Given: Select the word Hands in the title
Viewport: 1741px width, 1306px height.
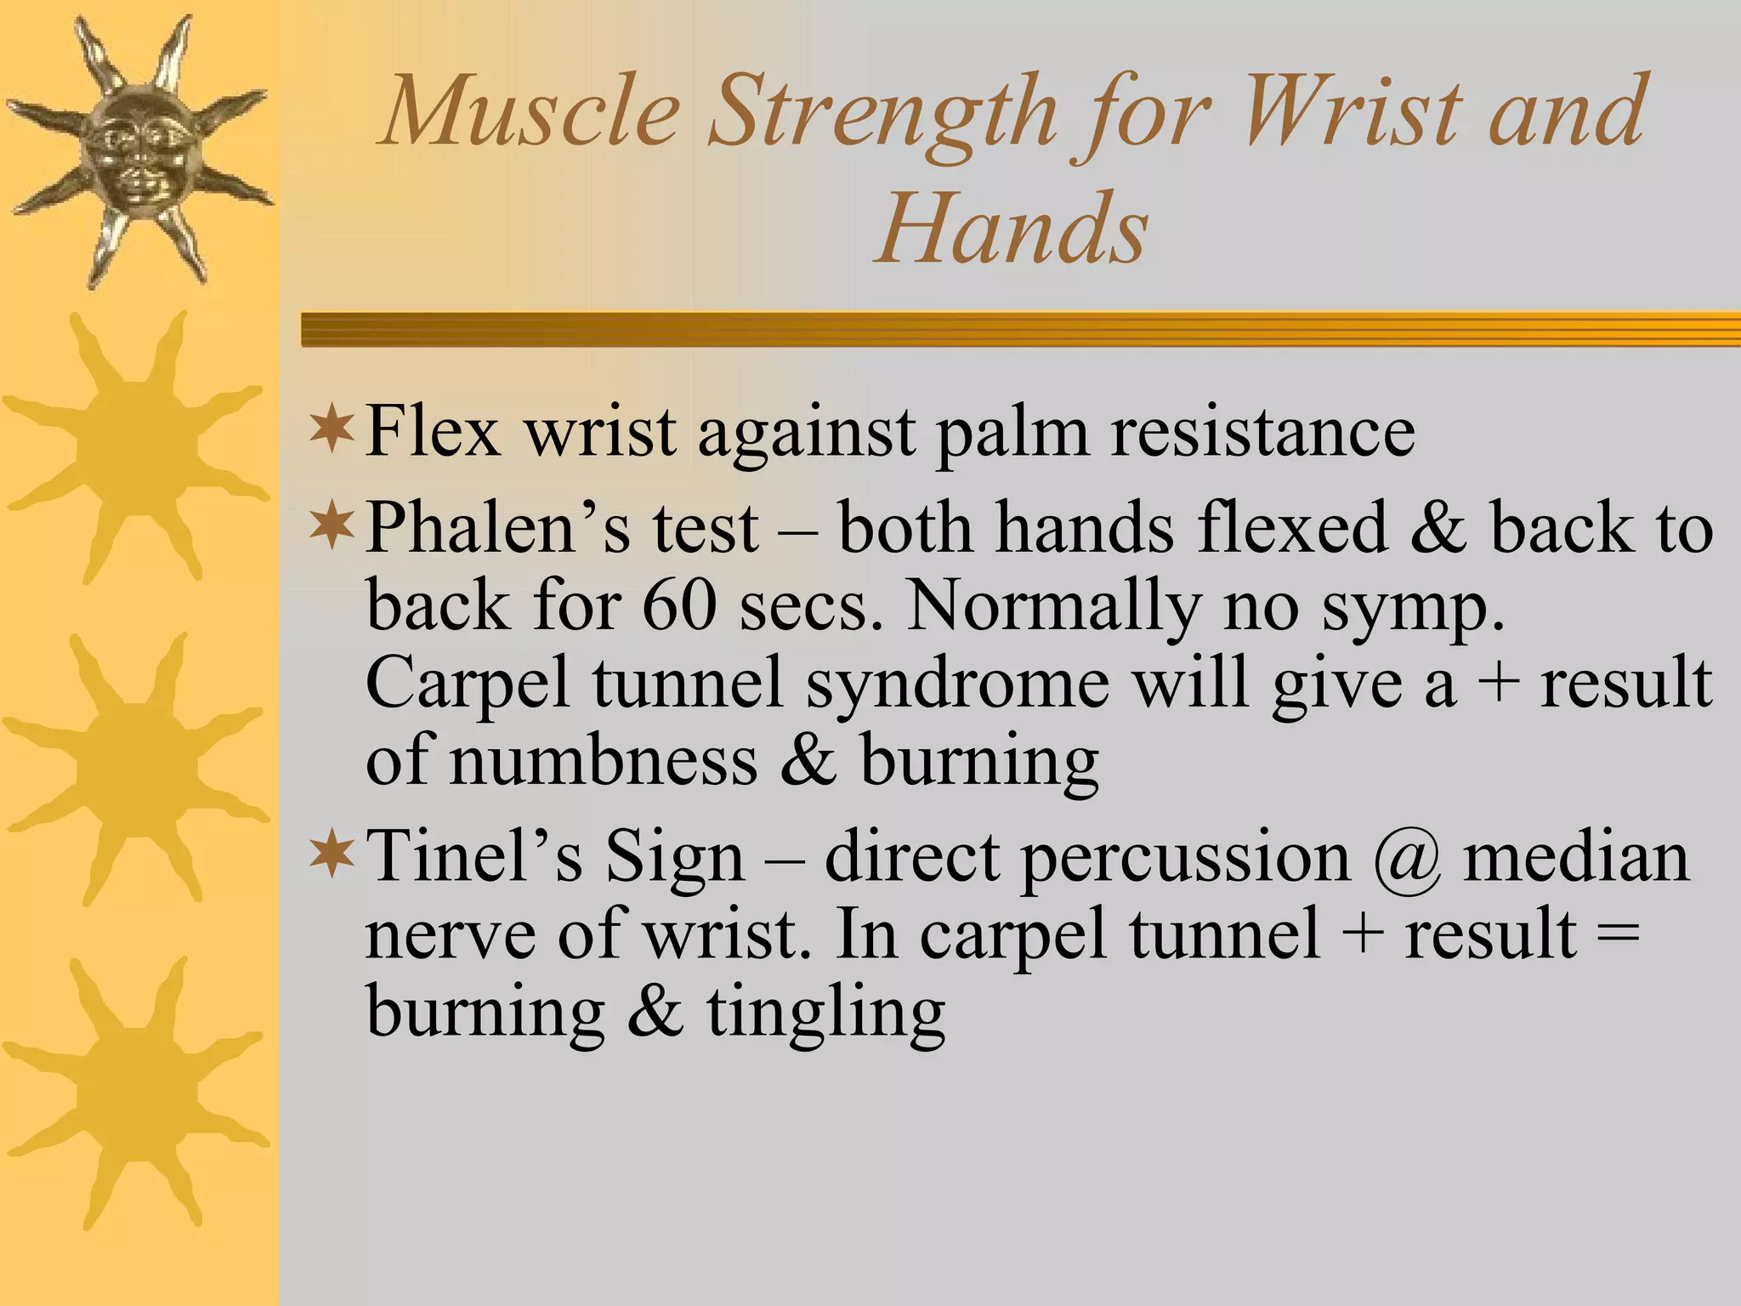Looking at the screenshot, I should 1012,228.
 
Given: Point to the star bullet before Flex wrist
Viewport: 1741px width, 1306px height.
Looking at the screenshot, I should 332,429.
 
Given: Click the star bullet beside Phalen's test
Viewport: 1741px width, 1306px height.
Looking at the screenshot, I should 332,525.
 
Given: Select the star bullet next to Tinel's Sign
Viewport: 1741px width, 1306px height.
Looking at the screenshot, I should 332,854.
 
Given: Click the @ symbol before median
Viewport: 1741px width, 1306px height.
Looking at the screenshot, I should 1406,857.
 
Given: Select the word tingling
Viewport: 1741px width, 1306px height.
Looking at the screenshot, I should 825,1012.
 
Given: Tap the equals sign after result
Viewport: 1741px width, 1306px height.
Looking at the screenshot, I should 1616,934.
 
